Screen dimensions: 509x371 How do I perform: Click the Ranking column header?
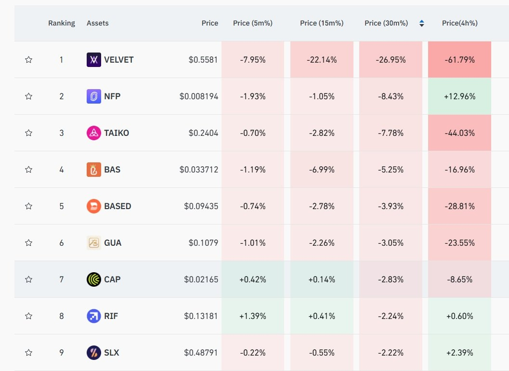pos(61,23)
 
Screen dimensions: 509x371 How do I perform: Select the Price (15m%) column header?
pos(321,23)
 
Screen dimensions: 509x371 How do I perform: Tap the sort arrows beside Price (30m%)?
pos(422,23)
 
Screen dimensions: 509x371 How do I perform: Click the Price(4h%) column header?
pos(460,23)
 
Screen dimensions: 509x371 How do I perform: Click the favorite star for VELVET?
pos(28,60)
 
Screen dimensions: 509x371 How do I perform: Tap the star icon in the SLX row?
pos(28,353)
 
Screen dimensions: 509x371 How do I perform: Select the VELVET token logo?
pos(94,60)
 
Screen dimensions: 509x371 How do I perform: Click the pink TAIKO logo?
pos(94,133)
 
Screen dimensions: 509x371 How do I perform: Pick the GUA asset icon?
pos(94,243)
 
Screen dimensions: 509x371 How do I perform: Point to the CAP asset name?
pos(112,279)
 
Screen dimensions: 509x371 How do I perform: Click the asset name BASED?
pos(117,206)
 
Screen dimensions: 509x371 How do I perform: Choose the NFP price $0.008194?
pos(199,96)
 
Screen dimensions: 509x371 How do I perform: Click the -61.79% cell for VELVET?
pos(460,59)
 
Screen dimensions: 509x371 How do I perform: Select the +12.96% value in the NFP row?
pos(460,96)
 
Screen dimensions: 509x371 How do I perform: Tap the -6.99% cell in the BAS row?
pos(322,170)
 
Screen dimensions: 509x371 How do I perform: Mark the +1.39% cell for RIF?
pos(252,316)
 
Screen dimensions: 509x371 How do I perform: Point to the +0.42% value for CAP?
pos(252,279)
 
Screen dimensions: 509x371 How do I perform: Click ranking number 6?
pos(61,243)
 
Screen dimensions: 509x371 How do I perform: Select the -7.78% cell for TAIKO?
pos(391,133)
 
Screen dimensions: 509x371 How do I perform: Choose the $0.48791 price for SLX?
pos(201,353)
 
